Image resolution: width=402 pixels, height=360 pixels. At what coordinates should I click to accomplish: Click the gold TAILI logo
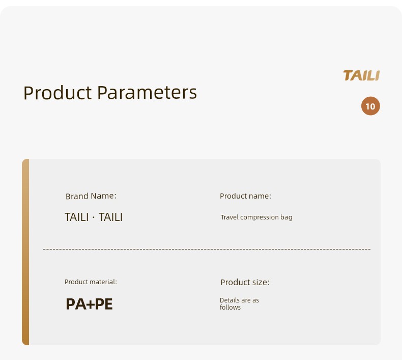(x=361, y=75)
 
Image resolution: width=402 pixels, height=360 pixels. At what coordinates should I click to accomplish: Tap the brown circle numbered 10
(x=370, y=106)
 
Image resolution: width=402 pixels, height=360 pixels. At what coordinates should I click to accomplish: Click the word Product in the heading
(x=58, y=92)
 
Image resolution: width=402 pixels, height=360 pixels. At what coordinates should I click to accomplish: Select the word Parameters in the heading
(x=147, y=92)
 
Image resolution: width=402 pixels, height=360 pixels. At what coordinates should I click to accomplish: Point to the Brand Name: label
(x=91, y=196)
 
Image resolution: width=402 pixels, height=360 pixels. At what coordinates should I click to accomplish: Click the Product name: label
(x=245, y=196)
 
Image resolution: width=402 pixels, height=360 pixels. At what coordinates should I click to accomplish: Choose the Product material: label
(x=91, y=282)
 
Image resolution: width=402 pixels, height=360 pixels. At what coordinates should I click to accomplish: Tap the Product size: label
(x=245, y=282)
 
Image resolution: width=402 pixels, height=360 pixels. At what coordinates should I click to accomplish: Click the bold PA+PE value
(x=89, y=304)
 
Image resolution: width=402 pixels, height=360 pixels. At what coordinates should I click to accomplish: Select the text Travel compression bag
(x=256, y=217)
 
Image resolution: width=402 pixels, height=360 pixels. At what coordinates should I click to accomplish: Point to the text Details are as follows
(x=239, y=304)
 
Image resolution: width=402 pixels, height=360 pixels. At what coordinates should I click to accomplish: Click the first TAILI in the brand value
(x=77, y=217)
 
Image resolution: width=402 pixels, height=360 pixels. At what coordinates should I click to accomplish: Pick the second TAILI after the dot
(x=111, y=217)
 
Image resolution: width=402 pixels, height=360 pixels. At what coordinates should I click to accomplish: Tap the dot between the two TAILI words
(x=94, y=217)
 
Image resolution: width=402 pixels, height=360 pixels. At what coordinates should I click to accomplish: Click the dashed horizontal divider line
(x=207, y=249)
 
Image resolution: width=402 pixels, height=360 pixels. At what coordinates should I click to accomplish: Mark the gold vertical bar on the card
(x=25, y=252)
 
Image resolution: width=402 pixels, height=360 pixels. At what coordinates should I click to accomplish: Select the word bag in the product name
(x=286, y=217)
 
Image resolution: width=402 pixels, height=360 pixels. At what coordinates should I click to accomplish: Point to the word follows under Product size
(x=230, y=308)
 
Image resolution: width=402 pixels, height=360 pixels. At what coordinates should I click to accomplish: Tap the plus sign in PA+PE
(x=91, y=304)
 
